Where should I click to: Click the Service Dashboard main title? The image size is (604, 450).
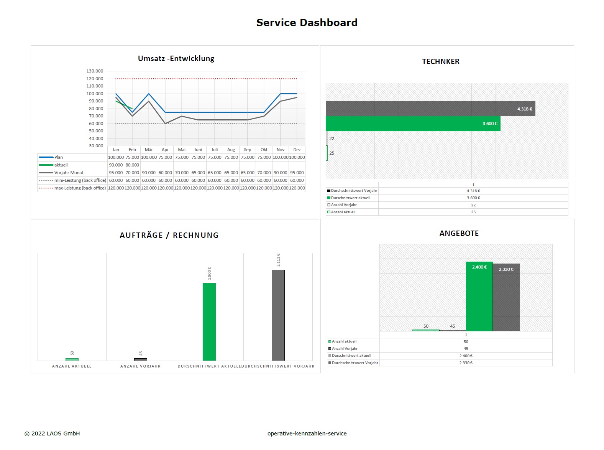[307, 23]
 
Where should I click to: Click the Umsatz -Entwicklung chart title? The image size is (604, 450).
[176, 58]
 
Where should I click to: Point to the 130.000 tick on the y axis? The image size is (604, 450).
[95, 71]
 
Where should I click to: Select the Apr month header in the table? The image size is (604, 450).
[165, 150]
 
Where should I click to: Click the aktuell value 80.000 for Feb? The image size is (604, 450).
[132, 165]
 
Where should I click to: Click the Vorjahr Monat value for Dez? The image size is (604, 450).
[297, 173]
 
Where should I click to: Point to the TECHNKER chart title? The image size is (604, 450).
[440, 61]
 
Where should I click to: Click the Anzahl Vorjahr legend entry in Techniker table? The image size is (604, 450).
[344, 205]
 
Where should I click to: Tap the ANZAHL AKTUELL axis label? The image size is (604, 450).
[72, 366]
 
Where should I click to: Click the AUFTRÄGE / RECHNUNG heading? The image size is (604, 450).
[169, 235]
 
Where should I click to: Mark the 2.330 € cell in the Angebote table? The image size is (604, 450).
[466, 363]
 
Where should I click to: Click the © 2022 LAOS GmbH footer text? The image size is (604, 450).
[52, 434]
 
